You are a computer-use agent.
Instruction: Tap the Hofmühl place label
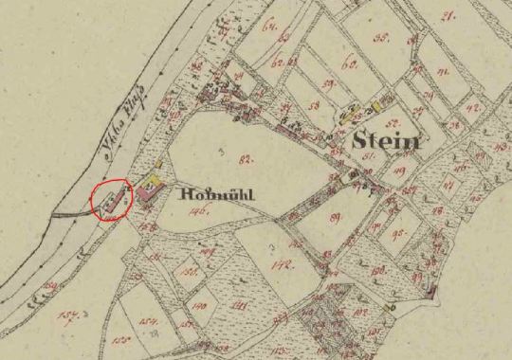point(217,196)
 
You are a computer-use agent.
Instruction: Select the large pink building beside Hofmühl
point(147,192)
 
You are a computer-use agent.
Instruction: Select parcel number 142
point(281,267)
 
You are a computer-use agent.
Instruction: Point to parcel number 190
point(199,306)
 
